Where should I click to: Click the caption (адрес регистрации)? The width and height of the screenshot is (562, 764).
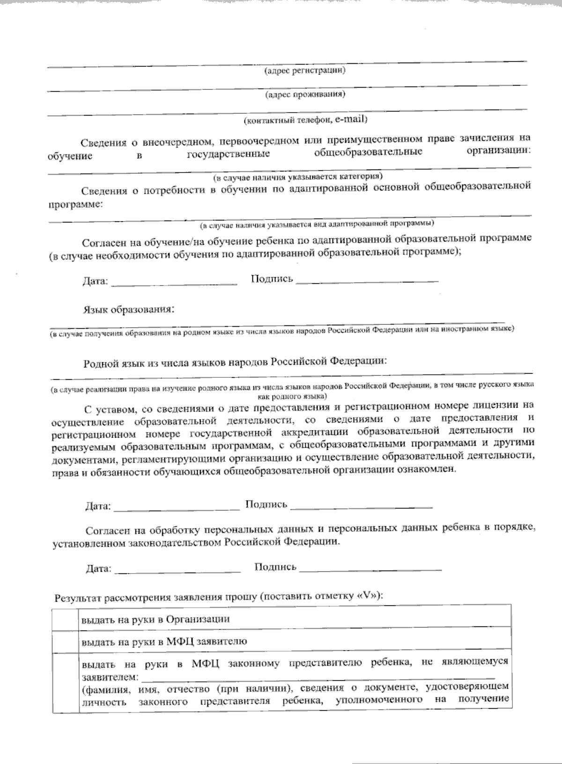tap(305, 71)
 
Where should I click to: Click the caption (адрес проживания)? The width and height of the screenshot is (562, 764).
tap(305, 95)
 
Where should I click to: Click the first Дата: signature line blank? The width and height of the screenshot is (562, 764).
tap(175, 282)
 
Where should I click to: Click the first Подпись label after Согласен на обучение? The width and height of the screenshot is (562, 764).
tap(272, 279)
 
